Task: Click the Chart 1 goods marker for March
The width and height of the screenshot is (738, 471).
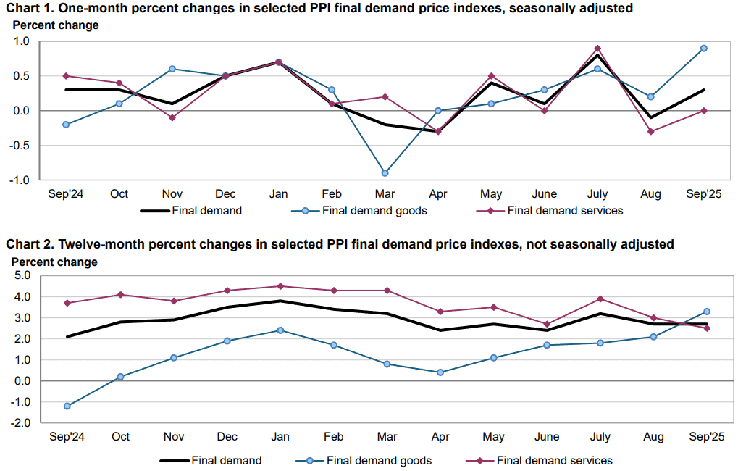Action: point(385,173)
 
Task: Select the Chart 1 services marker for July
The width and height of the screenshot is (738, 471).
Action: point(597,48)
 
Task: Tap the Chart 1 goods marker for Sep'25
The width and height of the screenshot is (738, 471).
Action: point(704,48)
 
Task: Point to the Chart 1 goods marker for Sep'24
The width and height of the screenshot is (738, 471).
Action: point(66,125)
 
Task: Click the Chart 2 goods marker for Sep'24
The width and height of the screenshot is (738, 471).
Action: point(67,406)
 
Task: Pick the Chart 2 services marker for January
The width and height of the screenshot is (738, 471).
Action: point(280,286)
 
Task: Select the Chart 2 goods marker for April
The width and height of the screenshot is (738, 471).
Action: point(440,372)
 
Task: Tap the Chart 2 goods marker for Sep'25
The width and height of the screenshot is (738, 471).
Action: point(706,312)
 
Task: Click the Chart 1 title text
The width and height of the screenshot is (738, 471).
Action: point(319,8)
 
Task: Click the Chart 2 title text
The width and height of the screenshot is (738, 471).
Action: point(340,244)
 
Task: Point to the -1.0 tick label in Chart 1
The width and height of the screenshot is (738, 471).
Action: point(19,180)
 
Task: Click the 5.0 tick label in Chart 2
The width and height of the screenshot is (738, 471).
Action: point(22,275)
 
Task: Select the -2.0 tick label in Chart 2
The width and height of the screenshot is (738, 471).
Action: point(20,423)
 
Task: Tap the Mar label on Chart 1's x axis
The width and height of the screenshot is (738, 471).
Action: point(385,194)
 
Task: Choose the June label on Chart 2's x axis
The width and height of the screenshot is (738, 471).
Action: point(547,437)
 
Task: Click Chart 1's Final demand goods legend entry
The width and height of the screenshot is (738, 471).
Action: point(359,211)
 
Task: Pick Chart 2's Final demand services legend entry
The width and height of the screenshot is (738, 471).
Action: point(540,461)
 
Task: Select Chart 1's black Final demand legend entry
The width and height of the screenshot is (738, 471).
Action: point(191,211)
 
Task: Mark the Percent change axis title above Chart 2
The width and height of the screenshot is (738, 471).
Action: point(54,262)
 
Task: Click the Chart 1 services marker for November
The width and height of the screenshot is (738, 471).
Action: point(172,117)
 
